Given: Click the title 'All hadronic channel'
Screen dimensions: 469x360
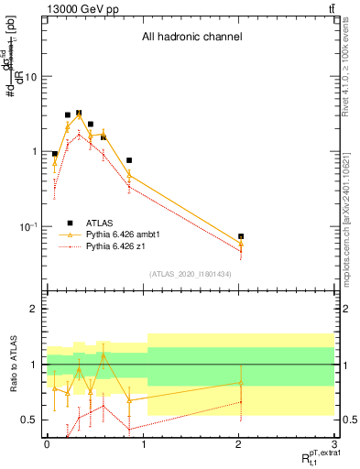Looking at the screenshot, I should pyautogui.click(x=191, y=38).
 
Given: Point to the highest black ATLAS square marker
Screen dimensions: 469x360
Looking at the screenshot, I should pyautogui.click(x=79, y=113).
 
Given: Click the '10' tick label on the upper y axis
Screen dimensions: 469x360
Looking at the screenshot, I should pyautogui.click(x=31, y=77).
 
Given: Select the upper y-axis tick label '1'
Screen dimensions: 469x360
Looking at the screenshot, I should pyautogui.click(x=35, y=151).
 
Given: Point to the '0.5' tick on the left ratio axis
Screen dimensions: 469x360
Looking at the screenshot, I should pyautogui.click(x=29, y=420).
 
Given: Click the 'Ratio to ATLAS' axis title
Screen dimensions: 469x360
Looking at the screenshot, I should pyautogui.click(x=12, y=365).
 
